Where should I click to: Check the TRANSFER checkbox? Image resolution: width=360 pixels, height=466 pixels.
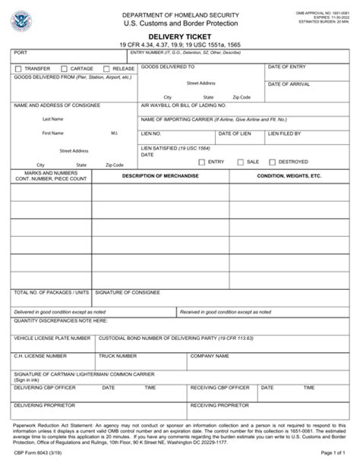pos(18,68)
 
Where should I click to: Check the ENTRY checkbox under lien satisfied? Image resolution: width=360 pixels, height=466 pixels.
pos(201,162)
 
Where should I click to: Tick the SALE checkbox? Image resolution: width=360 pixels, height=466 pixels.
pos(240,162)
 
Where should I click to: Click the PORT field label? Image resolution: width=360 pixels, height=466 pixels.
pos(20,52)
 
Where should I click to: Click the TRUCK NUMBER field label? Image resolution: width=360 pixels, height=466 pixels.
pos(118,354)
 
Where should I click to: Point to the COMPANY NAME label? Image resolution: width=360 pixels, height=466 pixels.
pos(210,354)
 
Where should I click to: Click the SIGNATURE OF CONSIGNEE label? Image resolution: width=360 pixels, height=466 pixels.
pos(127,291)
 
